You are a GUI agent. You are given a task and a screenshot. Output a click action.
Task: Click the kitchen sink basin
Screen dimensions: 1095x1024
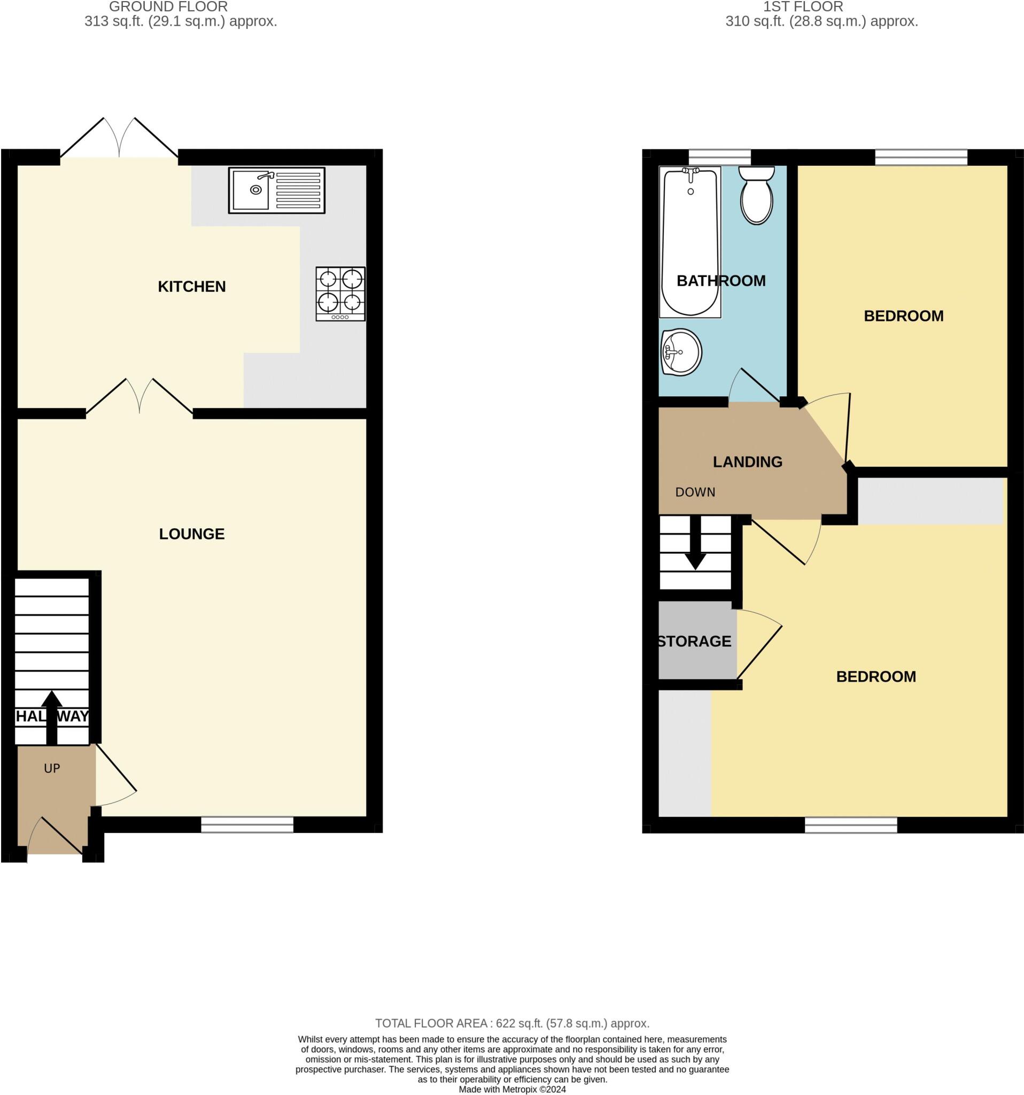tap(251, 189)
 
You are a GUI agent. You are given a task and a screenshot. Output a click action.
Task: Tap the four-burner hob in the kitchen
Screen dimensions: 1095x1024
tap(340, 294)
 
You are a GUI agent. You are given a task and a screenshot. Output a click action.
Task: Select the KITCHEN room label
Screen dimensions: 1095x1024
tap(191, 287)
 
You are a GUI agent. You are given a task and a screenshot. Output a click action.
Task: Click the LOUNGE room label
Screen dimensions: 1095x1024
tap(191, 534)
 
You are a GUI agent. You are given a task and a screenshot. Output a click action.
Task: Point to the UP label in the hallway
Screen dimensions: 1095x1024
tap(52, 768)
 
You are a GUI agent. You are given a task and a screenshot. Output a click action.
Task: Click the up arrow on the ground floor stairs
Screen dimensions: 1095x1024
tap(52, 716)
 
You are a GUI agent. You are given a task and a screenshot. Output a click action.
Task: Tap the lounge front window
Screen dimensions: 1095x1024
tap(247, 824)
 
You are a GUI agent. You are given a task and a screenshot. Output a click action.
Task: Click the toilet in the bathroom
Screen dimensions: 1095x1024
tap(756, 196)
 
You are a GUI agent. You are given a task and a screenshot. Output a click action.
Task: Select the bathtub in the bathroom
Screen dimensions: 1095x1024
tap(690, 242)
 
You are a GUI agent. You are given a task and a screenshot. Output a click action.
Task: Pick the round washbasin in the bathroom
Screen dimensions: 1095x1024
tap(681, 352)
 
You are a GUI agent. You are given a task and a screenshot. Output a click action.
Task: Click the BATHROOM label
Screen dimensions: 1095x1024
tap(720, 281)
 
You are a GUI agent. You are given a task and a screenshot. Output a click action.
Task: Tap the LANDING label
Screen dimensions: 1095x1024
tap(747, 461)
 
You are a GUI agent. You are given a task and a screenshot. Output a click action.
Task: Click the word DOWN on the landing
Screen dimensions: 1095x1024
tap(695, 492)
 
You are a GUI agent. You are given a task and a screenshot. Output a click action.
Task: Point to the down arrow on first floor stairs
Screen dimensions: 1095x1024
tap(695, 545)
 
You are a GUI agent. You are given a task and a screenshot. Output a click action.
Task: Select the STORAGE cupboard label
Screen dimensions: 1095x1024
tap(694, 641)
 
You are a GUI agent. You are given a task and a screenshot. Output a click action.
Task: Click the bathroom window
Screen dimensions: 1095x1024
tap(719, 157)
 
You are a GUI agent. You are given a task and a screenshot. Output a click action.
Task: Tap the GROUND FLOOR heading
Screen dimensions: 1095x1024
tap(168, 7)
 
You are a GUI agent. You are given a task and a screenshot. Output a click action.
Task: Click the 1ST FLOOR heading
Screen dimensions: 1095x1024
tap(803, 7)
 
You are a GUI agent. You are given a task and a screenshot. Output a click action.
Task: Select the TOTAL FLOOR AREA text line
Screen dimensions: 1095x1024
tap(512, 1023)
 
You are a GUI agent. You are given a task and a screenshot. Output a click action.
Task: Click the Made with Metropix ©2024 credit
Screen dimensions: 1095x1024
tap(512, 1089)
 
